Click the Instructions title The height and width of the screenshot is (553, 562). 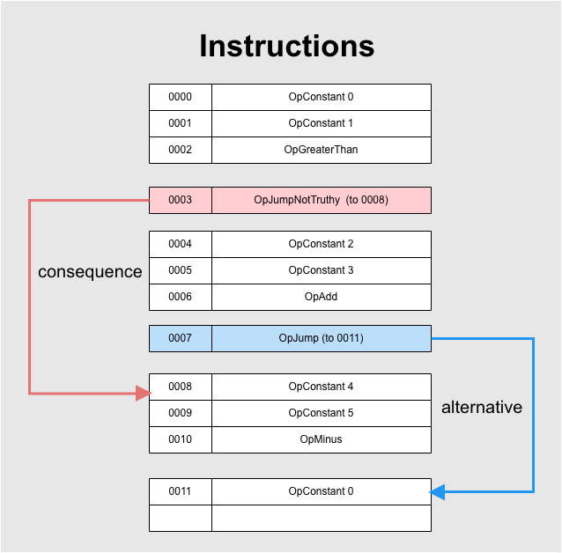coord(287,46)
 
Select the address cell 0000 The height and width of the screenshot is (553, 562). coord(181,97)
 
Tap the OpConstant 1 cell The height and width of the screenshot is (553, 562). coord(322,123)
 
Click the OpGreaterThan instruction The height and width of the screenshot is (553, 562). coord(322,151)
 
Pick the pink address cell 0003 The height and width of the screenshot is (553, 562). coord(181,200)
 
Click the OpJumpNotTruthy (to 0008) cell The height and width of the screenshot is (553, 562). coord(322,200)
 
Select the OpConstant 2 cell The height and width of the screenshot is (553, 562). coord(322,244)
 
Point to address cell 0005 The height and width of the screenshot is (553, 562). coord(181,270)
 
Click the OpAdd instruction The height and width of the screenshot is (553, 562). coord(322,297)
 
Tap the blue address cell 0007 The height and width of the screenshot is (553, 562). coord(181,338)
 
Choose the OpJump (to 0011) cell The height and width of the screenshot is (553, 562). coord(322,338)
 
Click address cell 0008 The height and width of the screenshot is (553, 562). coord(181,387)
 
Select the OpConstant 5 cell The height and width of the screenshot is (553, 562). coord(322,413)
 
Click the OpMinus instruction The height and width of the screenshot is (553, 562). coord(322,439)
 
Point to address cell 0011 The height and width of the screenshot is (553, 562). coord(181,491)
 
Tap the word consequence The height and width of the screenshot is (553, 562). coord(90,272)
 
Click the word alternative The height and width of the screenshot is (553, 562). coord(482,407)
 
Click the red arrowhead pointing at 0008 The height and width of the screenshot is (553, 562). coord(144,393)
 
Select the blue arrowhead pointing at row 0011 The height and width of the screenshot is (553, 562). coord(437,491)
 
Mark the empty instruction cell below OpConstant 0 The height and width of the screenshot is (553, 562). coord(322,519)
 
